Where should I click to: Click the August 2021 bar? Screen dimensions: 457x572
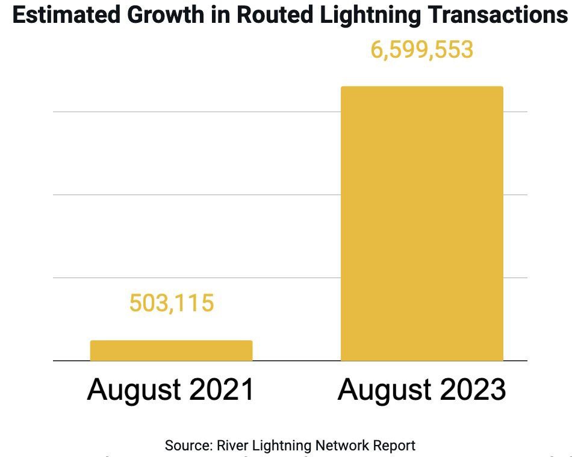click(x=171, y=351)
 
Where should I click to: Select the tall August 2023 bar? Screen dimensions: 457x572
click(x=421, y=224)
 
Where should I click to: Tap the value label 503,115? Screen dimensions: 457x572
click(x=172, y=303)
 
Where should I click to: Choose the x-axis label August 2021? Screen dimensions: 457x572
click(x=171, y=390)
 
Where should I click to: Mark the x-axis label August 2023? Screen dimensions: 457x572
click(x=421, y=390)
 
